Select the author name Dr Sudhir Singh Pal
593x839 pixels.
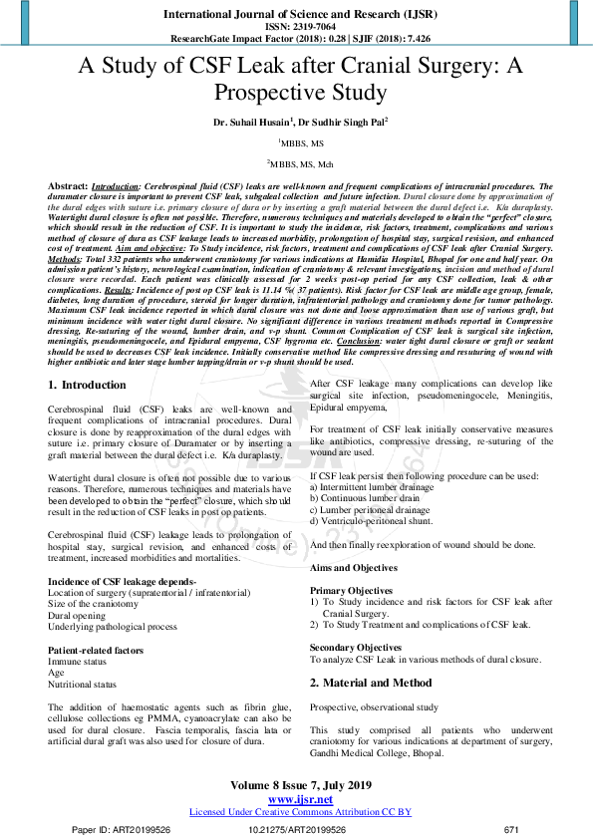[x=341, y=122]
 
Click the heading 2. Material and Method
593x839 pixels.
[x=371, y=683]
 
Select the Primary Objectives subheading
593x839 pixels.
[x=351, y=591]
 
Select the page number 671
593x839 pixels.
[x=512, y=829]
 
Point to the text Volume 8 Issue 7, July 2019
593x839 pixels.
[x=296, y=786]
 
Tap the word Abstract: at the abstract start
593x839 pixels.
[x=68, y=186]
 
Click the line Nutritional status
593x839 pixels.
[x=82, y=685]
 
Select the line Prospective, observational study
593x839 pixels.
[x=373, y=706]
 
